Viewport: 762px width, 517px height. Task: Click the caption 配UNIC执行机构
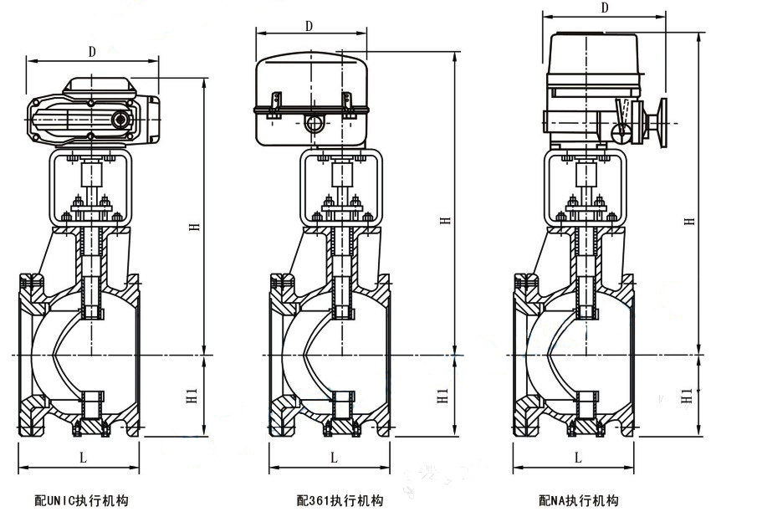pos(81,501)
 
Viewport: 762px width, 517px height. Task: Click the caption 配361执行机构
pos(340,501)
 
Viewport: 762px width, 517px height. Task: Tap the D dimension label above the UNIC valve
pos(92,51)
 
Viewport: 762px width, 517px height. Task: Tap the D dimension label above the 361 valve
pos(309,26)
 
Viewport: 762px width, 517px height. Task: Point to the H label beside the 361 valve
pos(446,219)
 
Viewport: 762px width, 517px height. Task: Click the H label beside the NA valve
pos(689,220)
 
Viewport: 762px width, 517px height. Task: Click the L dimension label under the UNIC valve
pos(82,457)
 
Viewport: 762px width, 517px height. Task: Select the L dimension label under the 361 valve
pos(333,457)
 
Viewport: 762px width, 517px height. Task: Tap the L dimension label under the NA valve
pos(577,457)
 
